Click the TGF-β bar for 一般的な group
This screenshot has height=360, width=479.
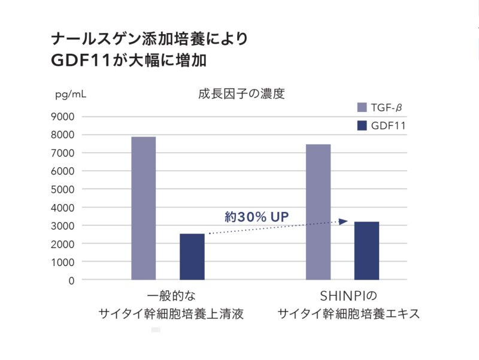pyautogui.click(x=144, y=208)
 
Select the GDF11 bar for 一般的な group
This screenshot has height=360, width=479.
pyautogui.click(x=192, y=257)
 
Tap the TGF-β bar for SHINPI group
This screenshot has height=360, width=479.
pyautogui.click(x=318, y=212)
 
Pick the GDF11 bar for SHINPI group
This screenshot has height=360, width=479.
pyautogui.click(x=366, y=250)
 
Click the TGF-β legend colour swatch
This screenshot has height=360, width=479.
pyautogui.click(x=362, y=108)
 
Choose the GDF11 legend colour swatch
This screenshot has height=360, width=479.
pyautogui.click(x=362, y=126)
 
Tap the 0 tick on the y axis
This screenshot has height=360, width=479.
pyautogui.click(x=71, y=280)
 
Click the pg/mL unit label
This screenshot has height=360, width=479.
pyautogui.click(x=71, y=95)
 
